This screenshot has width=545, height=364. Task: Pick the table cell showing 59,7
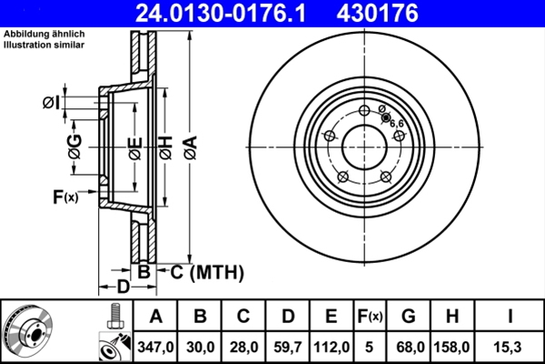click(x=287, y=345)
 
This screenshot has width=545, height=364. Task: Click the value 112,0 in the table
click(x=332, y=345)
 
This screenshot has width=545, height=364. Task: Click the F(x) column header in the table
click(x=372, y=317)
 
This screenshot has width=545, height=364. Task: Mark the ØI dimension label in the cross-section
click(x=52, y=102)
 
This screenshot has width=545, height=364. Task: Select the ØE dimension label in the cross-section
click(x=134, y=146)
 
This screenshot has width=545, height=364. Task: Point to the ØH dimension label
click(x=166, y=146)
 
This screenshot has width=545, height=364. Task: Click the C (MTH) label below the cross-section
click(x=203, y=271)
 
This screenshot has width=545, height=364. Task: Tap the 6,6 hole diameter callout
click(x=396, y=122)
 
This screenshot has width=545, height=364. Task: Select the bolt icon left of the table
click(x=115, y=316)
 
